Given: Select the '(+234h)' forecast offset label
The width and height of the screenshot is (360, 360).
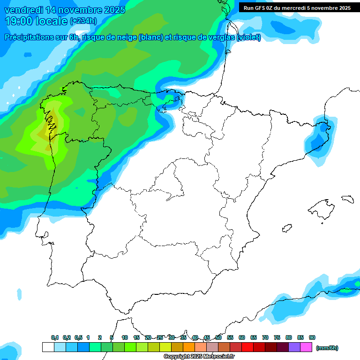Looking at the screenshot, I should click(83, 21).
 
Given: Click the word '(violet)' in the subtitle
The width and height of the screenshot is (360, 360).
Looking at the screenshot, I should click(249, 37).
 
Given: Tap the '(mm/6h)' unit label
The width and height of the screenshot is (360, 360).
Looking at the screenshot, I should click(327, 348).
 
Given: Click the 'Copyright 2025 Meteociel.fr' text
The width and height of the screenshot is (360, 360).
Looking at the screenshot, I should click(199, 357).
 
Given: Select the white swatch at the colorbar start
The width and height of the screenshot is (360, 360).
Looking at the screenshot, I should click(48, 347).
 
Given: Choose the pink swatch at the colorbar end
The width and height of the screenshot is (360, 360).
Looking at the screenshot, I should click(306, 347).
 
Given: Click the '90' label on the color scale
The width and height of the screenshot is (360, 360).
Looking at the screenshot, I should click(312, 337).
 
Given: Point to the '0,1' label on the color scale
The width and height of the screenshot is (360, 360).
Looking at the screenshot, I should click(55, 337).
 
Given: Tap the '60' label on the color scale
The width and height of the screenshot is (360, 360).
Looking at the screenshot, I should click(242, 337).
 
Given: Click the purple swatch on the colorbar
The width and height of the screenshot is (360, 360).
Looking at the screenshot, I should click(294, 347).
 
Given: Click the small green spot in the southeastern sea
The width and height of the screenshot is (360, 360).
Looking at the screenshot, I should click(347, 291).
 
